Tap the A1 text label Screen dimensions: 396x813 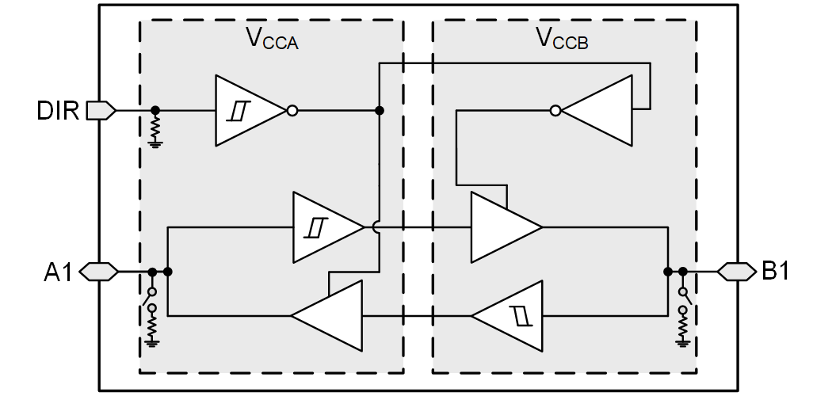[x=58, y=272]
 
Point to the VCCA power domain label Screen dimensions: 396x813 [x=273, y=39]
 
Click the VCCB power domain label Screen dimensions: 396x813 [x=563, y=38]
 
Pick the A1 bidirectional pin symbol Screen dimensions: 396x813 [x=99, y=272]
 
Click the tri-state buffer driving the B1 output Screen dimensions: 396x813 [x=502, y=227]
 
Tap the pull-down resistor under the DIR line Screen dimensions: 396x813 [x=155, y=127]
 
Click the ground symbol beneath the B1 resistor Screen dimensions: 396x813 [x=682, y=342]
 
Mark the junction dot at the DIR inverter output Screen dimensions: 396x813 [x=380, y=111]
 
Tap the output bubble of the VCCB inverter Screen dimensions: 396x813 [x=555, y=111]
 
